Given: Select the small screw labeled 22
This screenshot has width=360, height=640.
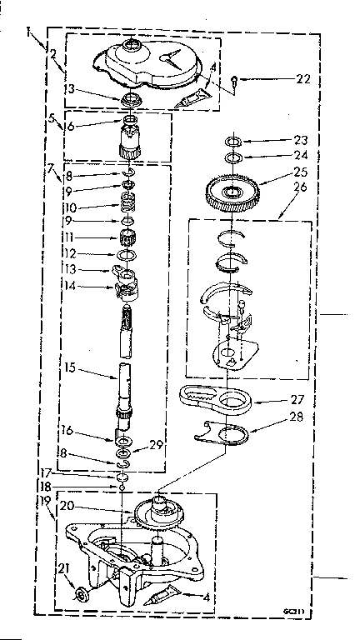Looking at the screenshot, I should click(236, 81).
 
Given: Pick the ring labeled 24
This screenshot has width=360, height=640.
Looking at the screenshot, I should click(233, 157).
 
